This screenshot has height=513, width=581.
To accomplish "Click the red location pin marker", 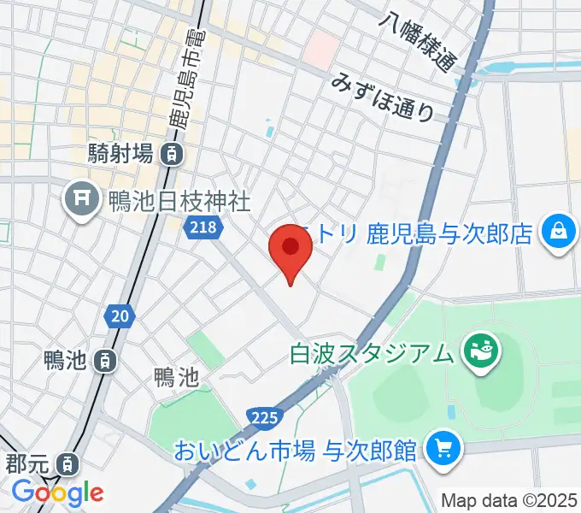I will (290, 249).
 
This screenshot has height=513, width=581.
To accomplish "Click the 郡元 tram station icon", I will (66, 466).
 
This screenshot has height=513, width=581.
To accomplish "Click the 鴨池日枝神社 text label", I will (179, 202).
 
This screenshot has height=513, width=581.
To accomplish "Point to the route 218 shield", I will (203, 227).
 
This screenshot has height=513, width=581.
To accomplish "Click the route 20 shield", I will (120, 317).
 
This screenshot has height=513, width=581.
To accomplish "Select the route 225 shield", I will (264, 417).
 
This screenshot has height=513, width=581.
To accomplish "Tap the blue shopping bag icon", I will (557, 233).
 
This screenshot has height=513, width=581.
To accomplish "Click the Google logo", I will (57, 492).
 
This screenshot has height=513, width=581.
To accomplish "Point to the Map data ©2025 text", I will (509, 499).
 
